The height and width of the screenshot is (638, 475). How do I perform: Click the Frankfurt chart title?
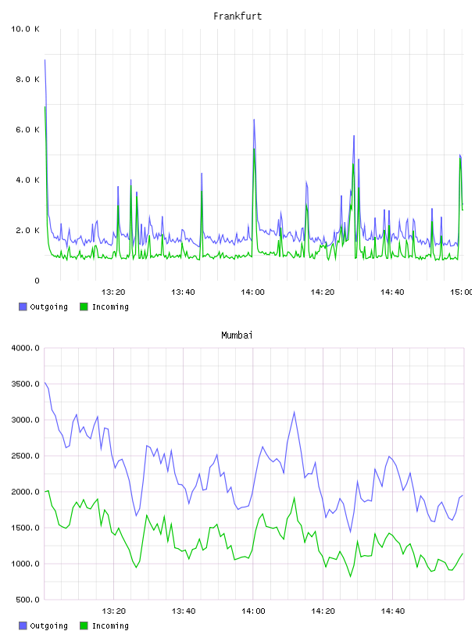tap(237, 16)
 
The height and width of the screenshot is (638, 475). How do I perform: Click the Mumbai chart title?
tap(237, 335)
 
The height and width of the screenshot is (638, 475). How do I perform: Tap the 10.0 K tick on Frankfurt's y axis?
tap(25, 29)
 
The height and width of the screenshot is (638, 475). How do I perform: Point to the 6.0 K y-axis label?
tap(27, 130)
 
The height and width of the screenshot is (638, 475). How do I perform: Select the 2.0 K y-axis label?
tap(27, 231)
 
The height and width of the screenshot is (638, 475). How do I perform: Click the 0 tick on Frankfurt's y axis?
tap(37, 281)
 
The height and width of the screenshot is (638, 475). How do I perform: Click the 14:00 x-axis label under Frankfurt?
tap(252, 292)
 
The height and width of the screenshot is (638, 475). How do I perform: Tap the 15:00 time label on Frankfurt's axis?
tap(462, 292)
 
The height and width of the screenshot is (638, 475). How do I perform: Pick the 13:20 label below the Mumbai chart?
tap(113, 611)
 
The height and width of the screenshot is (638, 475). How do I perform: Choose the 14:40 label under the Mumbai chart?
tap(393, 611)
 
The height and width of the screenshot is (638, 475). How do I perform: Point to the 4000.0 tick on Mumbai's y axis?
tap(25, 348)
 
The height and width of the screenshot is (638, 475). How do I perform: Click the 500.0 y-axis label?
tap(27, 600)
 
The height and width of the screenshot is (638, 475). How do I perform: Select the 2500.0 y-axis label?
tap(25, 456)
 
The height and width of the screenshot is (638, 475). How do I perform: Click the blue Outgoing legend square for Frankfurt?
tap(23, 306)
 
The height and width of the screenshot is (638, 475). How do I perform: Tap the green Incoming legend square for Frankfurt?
tap(84, 306)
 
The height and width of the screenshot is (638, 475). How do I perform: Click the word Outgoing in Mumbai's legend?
tap(48, 625)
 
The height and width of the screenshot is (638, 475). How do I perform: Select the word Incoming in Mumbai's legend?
tap(110, 625)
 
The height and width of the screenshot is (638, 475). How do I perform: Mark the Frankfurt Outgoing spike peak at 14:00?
tap(254, 119)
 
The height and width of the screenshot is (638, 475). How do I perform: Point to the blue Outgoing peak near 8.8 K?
tap(45, 59)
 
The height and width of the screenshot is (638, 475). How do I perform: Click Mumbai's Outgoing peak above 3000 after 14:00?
tap(294, 412)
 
